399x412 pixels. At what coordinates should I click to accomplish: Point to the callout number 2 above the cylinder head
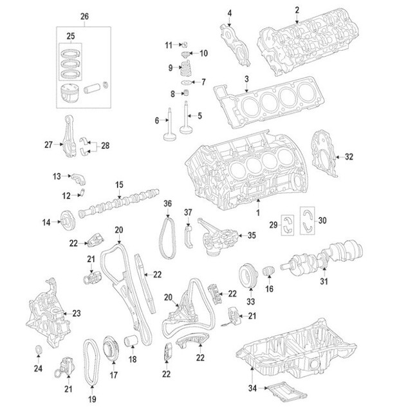tap(297, 9)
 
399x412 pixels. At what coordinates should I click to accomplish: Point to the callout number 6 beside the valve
tap(156, 120)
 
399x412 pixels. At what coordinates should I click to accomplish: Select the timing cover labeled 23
tap(49, 313)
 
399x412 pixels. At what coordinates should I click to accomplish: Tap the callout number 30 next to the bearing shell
tap(322, 221)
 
